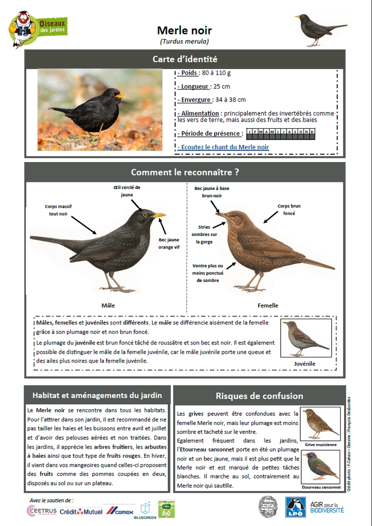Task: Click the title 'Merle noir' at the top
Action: coord(184,31)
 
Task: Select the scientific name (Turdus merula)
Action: coord(184,42)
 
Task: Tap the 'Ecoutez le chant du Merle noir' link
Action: coord(223,147)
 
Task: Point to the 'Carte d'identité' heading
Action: coord(185,59)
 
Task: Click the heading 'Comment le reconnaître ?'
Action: coord(185,172)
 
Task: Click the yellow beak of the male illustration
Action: coord(159,216)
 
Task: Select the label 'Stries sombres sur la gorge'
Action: coord(204,234)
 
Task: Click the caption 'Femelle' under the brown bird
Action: coord(268,305)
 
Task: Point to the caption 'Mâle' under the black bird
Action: coord(108,305)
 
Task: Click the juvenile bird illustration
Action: coord(306,339)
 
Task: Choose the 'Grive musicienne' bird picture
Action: coord(320,424)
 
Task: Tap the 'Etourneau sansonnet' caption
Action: coord(321,487)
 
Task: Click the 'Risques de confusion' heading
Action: coord(259,396)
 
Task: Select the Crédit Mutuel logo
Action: coord(81,511)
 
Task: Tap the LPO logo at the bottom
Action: coord(295,507)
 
